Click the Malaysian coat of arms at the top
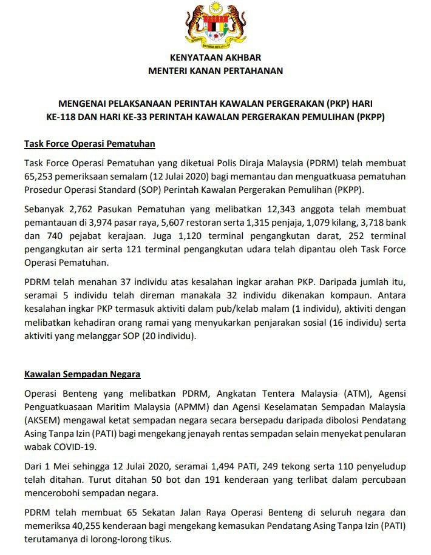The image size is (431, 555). [215, 27]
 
